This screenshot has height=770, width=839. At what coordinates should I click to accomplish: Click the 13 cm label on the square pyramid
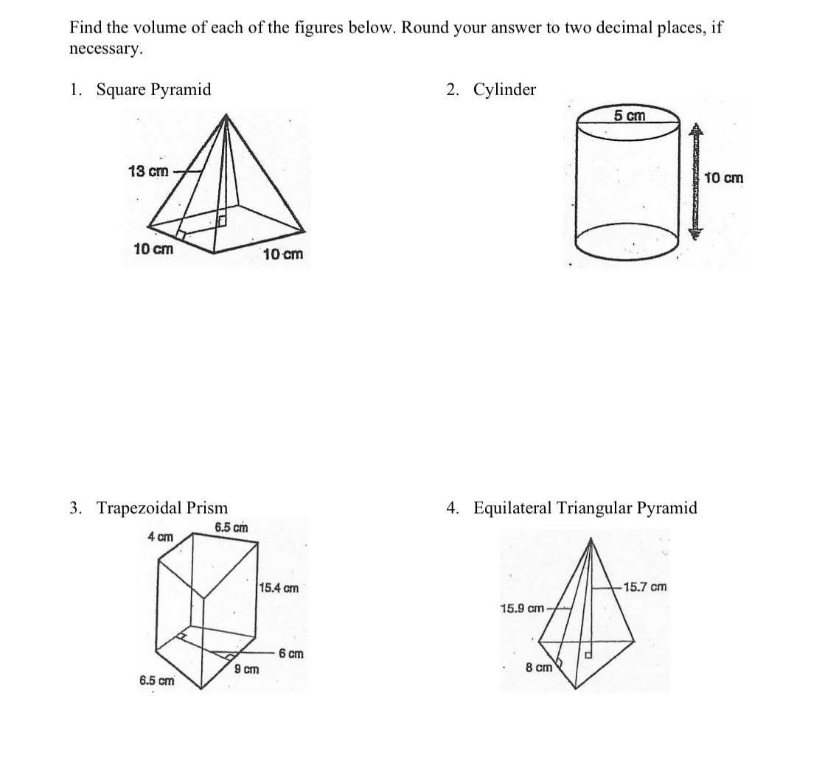(x=147, y=172)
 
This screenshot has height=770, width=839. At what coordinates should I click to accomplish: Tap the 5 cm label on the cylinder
(x=629, y=116)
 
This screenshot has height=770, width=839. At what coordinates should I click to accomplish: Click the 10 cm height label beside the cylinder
(x=724, y=178)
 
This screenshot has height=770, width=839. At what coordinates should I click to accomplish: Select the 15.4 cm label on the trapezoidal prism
(x=279, y=589)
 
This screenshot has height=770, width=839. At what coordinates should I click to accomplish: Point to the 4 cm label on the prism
(x=160, y=537)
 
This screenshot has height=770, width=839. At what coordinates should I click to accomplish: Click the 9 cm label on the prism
(x=246, y=670)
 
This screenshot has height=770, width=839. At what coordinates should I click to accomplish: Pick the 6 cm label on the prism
(x=290, y=654)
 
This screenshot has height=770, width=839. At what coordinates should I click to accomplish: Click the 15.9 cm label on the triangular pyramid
(x=521, y=608)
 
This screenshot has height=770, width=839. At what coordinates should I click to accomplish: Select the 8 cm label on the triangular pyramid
(x=538, y=667)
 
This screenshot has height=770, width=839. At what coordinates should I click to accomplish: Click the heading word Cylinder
(x=504, y=90)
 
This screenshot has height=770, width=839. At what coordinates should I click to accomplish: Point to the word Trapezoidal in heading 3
(x=139, y=508)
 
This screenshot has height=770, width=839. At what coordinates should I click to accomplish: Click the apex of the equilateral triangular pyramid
(x=591, y=539)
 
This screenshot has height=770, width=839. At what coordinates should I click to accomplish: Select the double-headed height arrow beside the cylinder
(x=695, y=181)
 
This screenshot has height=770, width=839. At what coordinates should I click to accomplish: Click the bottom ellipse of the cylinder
(x=627, y=243)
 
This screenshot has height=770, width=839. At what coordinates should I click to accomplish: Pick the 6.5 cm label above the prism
(x=231, y=527)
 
